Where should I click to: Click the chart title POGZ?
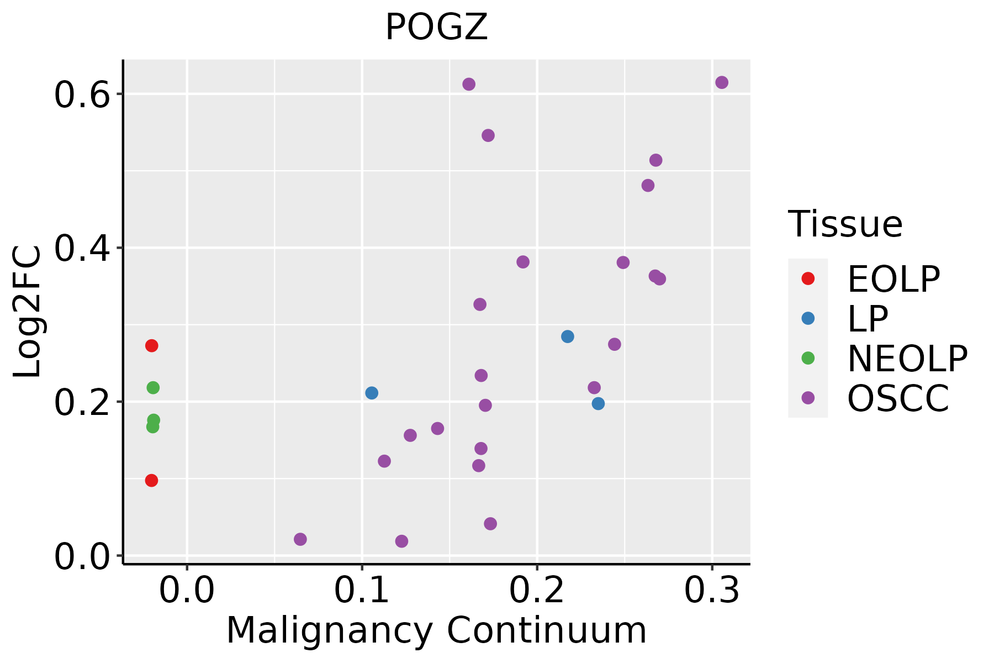pos(436,28)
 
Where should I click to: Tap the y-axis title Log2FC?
pos(28,312)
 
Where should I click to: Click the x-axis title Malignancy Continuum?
pos(436,630)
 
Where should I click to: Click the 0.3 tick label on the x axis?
pos(712,591)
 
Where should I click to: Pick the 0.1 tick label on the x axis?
pos(362,591)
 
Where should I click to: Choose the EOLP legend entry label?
pos(893,279)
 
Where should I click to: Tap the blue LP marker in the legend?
pos(808,318)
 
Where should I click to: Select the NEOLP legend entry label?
pos(907,359)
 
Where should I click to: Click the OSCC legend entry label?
pos(898,398)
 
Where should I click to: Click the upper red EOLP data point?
pos(151,346)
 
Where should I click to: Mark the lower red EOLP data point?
pos(151,481)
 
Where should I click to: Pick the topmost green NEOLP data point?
pos(153,388)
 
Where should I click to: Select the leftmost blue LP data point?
pos(372,393)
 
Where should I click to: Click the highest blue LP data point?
pos(568,336)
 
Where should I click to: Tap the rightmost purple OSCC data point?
pos(722,82)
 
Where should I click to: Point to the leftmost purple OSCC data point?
pos(300,539)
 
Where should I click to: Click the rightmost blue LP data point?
pos(598,404)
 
